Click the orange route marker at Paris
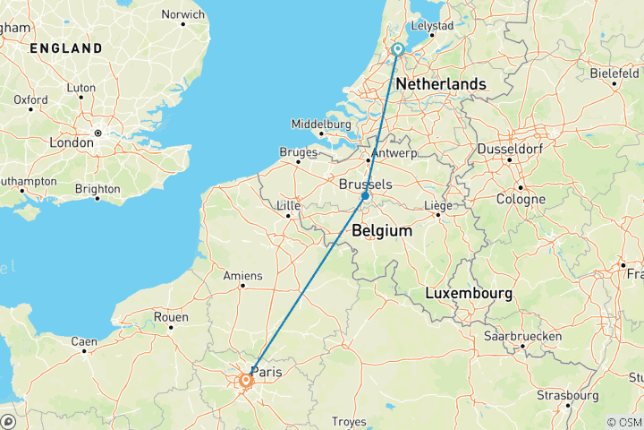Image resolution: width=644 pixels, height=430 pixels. click(x=245, y=381)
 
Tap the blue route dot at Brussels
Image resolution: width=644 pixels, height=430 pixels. click(x=365, y=195)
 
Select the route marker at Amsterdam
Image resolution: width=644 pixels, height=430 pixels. click(x=397, y=50)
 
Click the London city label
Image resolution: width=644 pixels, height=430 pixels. click(x=72, y=142)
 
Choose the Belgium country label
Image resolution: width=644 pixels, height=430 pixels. click(x=382, y=231)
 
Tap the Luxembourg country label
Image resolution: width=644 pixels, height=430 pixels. click(x=469, y=294)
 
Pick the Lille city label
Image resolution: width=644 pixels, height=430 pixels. click(x=288, y=205)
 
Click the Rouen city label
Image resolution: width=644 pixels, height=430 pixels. click(x=171, y=317)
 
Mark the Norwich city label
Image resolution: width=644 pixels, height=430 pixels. click(x=182, y=14)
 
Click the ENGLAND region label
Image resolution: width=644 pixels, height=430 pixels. click(x=65, y=48)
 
